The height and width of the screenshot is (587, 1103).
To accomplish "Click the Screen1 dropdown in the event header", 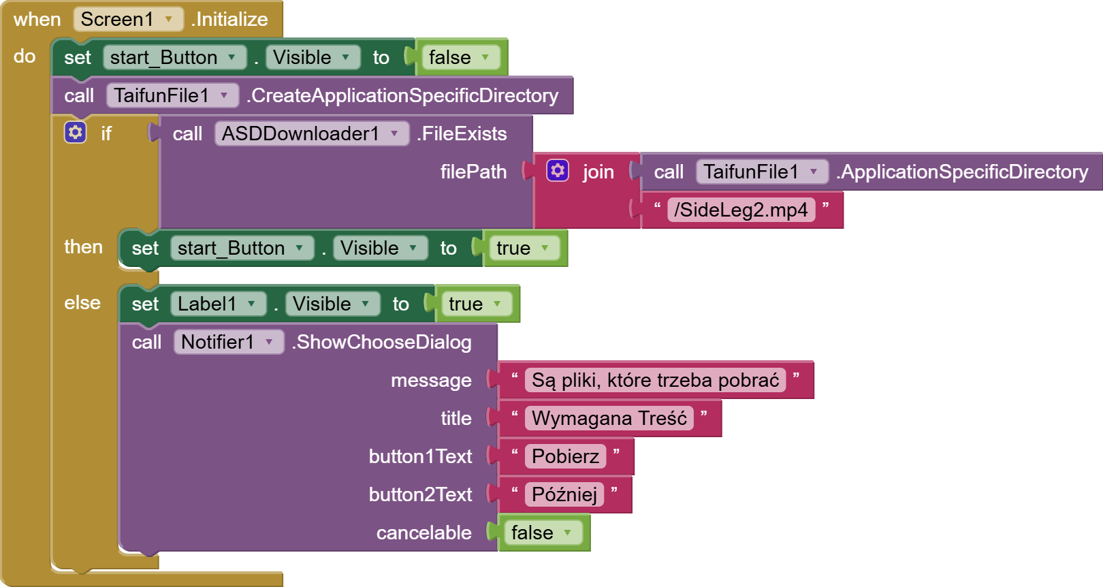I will [x=127, y=19].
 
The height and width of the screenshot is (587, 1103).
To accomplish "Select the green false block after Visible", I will [x=458, y=57].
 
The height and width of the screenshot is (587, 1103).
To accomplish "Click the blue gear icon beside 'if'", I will [x=75, y=132].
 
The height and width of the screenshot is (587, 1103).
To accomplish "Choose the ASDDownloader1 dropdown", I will [x=311, y=133].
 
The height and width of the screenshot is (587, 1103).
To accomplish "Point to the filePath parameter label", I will [x=473, y=172].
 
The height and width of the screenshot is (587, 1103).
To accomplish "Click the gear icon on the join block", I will [x=558, y=170].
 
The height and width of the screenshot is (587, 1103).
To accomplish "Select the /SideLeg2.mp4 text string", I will [x=741, y=210].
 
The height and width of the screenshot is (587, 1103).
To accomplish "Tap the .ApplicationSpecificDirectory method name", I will [x=962, y=172].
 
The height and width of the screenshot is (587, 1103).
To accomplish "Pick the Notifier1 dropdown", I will [x=227, y=342].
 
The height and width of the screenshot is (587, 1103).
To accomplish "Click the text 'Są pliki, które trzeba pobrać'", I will [x=655, y=380].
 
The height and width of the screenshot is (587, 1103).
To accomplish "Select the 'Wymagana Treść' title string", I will [x=609, y=418].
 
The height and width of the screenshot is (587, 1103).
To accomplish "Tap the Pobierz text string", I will [x=565, y=456].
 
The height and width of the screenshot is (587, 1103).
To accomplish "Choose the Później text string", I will [x=564, y=494].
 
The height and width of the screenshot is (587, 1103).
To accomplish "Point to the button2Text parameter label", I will [x=420, y=494].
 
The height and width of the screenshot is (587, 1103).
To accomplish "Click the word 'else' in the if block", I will [x=82, y=302].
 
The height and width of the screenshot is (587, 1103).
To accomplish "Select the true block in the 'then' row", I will [x=522, y=248].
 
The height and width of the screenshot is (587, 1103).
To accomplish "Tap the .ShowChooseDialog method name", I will [x=383, y=342].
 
